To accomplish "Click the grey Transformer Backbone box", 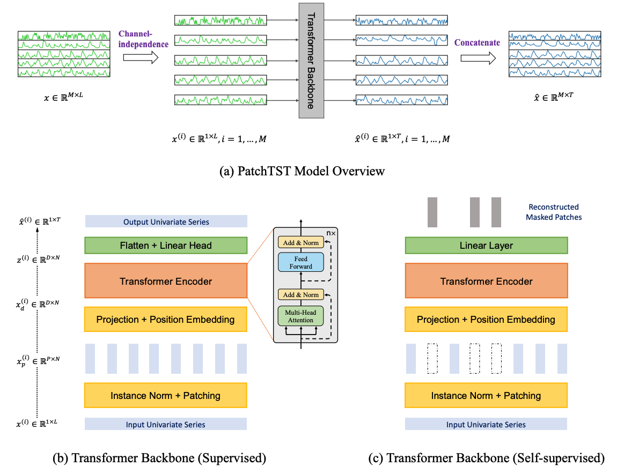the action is click(311, 61).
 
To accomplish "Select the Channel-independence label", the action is click(143, 39).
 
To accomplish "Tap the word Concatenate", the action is click(477, 42).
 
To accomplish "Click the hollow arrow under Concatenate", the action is click(479, 58).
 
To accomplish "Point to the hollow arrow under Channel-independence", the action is click(141, 58).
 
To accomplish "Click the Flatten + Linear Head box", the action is click(166, 246).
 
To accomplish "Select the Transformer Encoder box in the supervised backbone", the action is click(166, 281).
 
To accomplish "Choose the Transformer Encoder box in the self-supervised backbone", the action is click(486, 281).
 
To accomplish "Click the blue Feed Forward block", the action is click(301, 262).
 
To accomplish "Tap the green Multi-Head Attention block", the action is click(300, 316).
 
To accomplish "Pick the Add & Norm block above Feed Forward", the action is click(301, 242).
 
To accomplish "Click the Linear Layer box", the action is click(486, 246).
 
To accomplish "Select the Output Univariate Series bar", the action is click(166, 221).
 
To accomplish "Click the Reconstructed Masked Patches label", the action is click(554, 212).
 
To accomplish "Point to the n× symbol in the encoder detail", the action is click(331, 233).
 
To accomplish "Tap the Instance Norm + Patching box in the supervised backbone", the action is click(166, 395).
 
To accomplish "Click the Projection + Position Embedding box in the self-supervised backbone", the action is click(486, 320).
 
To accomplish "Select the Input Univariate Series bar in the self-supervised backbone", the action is click(486, 424).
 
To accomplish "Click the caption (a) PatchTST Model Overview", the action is click(302, 171).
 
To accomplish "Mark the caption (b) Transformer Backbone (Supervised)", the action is click(159, 458).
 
